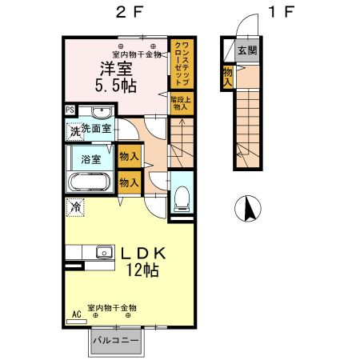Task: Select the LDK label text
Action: click(143, 253)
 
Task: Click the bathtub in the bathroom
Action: click(90, 182)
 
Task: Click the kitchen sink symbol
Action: click(102, 253)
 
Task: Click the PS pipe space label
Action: click(70, 110)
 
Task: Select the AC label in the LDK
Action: click(77, 315)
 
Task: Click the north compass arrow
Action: click(249, 209)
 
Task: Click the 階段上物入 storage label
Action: click(179, 102)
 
